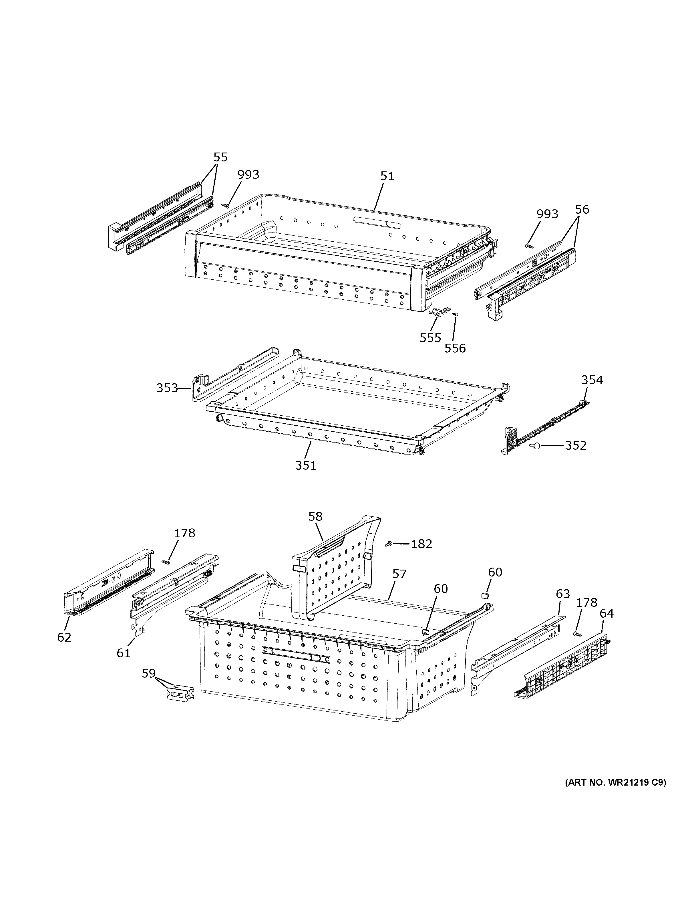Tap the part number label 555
(x=430, y=338)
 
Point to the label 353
(x=167, y=388)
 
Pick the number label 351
(x=306, y=465)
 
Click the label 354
(x=592, y=380)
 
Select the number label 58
(x=315, y=516)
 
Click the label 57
(x=400, y=574)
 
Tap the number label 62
(x=64, y=637)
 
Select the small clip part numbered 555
(x=440, y=311)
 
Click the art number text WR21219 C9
(x=615, y=783)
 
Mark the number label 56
(x=582, y=210)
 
